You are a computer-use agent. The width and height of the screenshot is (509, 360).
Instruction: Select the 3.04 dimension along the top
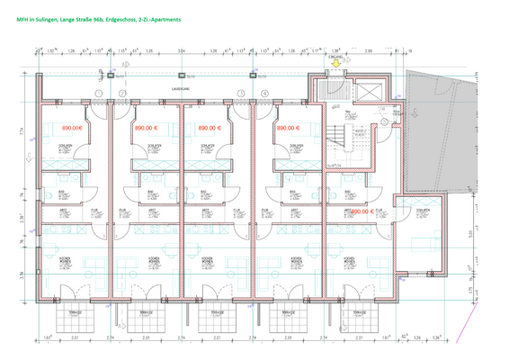pos(183,51)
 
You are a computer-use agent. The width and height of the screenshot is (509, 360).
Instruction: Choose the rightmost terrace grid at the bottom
pos(363,317)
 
